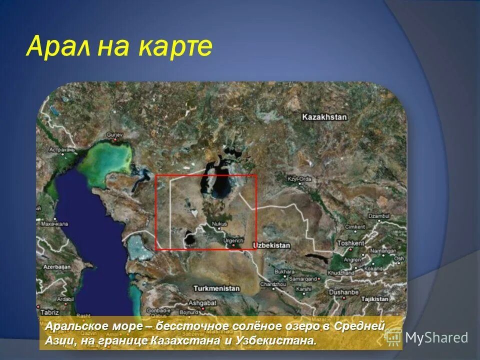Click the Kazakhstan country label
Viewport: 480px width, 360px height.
pos(324,116)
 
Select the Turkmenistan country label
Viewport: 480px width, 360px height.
pos(216,288)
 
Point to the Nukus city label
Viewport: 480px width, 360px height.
pos(219,223)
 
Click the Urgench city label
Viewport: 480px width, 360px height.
pos(233,240)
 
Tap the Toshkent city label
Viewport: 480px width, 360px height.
pos(351,243)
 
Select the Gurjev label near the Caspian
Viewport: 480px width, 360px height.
pos(114,134)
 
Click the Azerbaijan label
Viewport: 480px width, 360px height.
pos(55,267)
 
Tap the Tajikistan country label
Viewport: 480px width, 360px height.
pos(374,298)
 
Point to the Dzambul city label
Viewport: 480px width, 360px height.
pos(378,216)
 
